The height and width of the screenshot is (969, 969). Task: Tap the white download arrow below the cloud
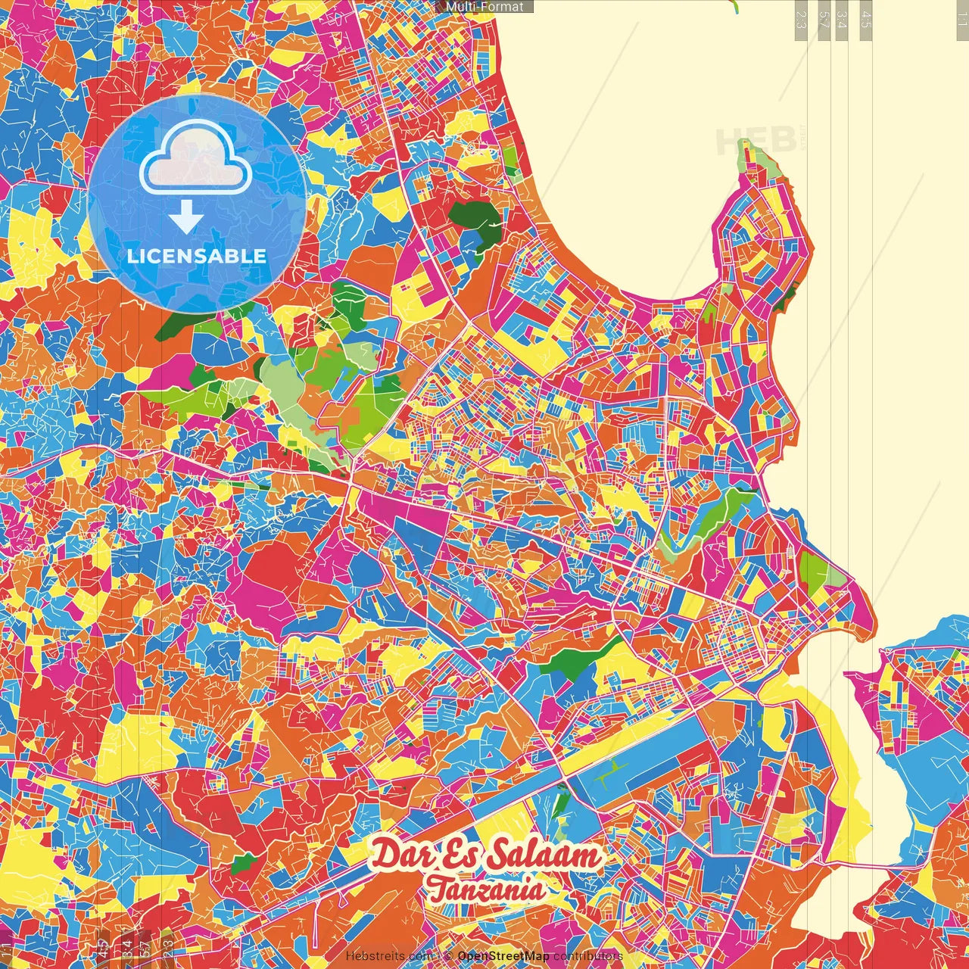(185, 219)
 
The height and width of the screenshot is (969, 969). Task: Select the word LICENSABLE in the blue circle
(197, 256)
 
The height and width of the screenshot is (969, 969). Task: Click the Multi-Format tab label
(484, 7)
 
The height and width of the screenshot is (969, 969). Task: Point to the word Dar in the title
(400, 855)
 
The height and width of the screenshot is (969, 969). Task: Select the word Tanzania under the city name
(485, 889)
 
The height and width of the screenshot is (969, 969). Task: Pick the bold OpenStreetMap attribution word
(503, 956)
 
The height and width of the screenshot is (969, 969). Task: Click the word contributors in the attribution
(587, 956)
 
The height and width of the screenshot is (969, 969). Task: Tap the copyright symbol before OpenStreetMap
(448, 956)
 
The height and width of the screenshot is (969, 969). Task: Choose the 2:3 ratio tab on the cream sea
(801, 20)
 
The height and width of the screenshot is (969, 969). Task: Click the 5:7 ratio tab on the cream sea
(824, 20)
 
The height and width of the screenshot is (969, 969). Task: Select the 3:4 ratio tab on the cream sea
(842, 20)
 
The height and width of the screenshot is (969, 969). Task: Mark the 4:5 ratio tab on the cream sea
(866, 20)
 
